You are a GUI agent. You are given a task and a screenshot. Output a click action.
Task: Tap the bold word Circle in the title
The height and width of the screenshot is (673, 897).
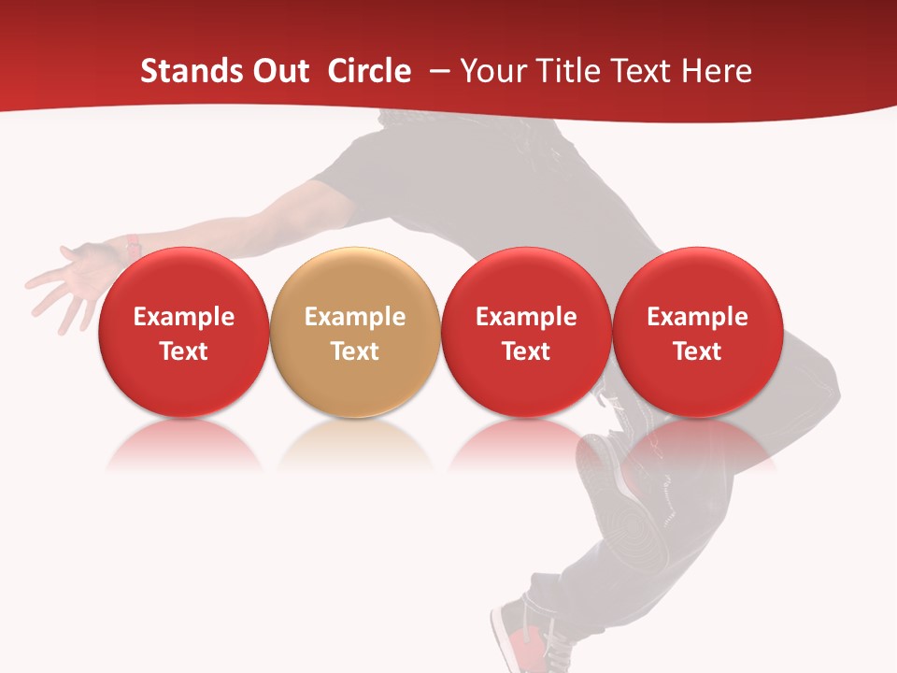pyautogui.click(x=369, y=71)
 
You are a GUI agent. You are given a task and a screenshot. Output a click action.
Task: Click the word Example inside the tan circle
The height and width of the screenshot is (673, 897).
pyautogui.click(x=355, y=317)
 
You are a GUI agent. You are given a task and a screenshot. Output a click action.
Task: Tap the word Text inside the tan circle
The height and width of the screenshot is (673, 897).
pyautogui.click(x=355, y=351)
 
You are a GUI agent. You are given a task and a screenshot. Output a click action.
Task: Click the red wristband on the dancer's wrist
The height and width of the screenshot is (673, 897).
pyautogui.click(x=134, y=248)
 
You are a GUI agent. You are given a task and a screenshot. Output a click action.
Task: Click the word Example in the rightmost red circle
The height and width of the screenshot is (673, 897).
pyautogui.click(x=697, y=317)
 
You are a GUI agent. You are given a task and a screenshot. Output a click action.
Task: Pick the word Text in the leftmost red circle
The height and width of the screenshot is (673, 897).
pyautogui.click(x=184, y=351)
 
